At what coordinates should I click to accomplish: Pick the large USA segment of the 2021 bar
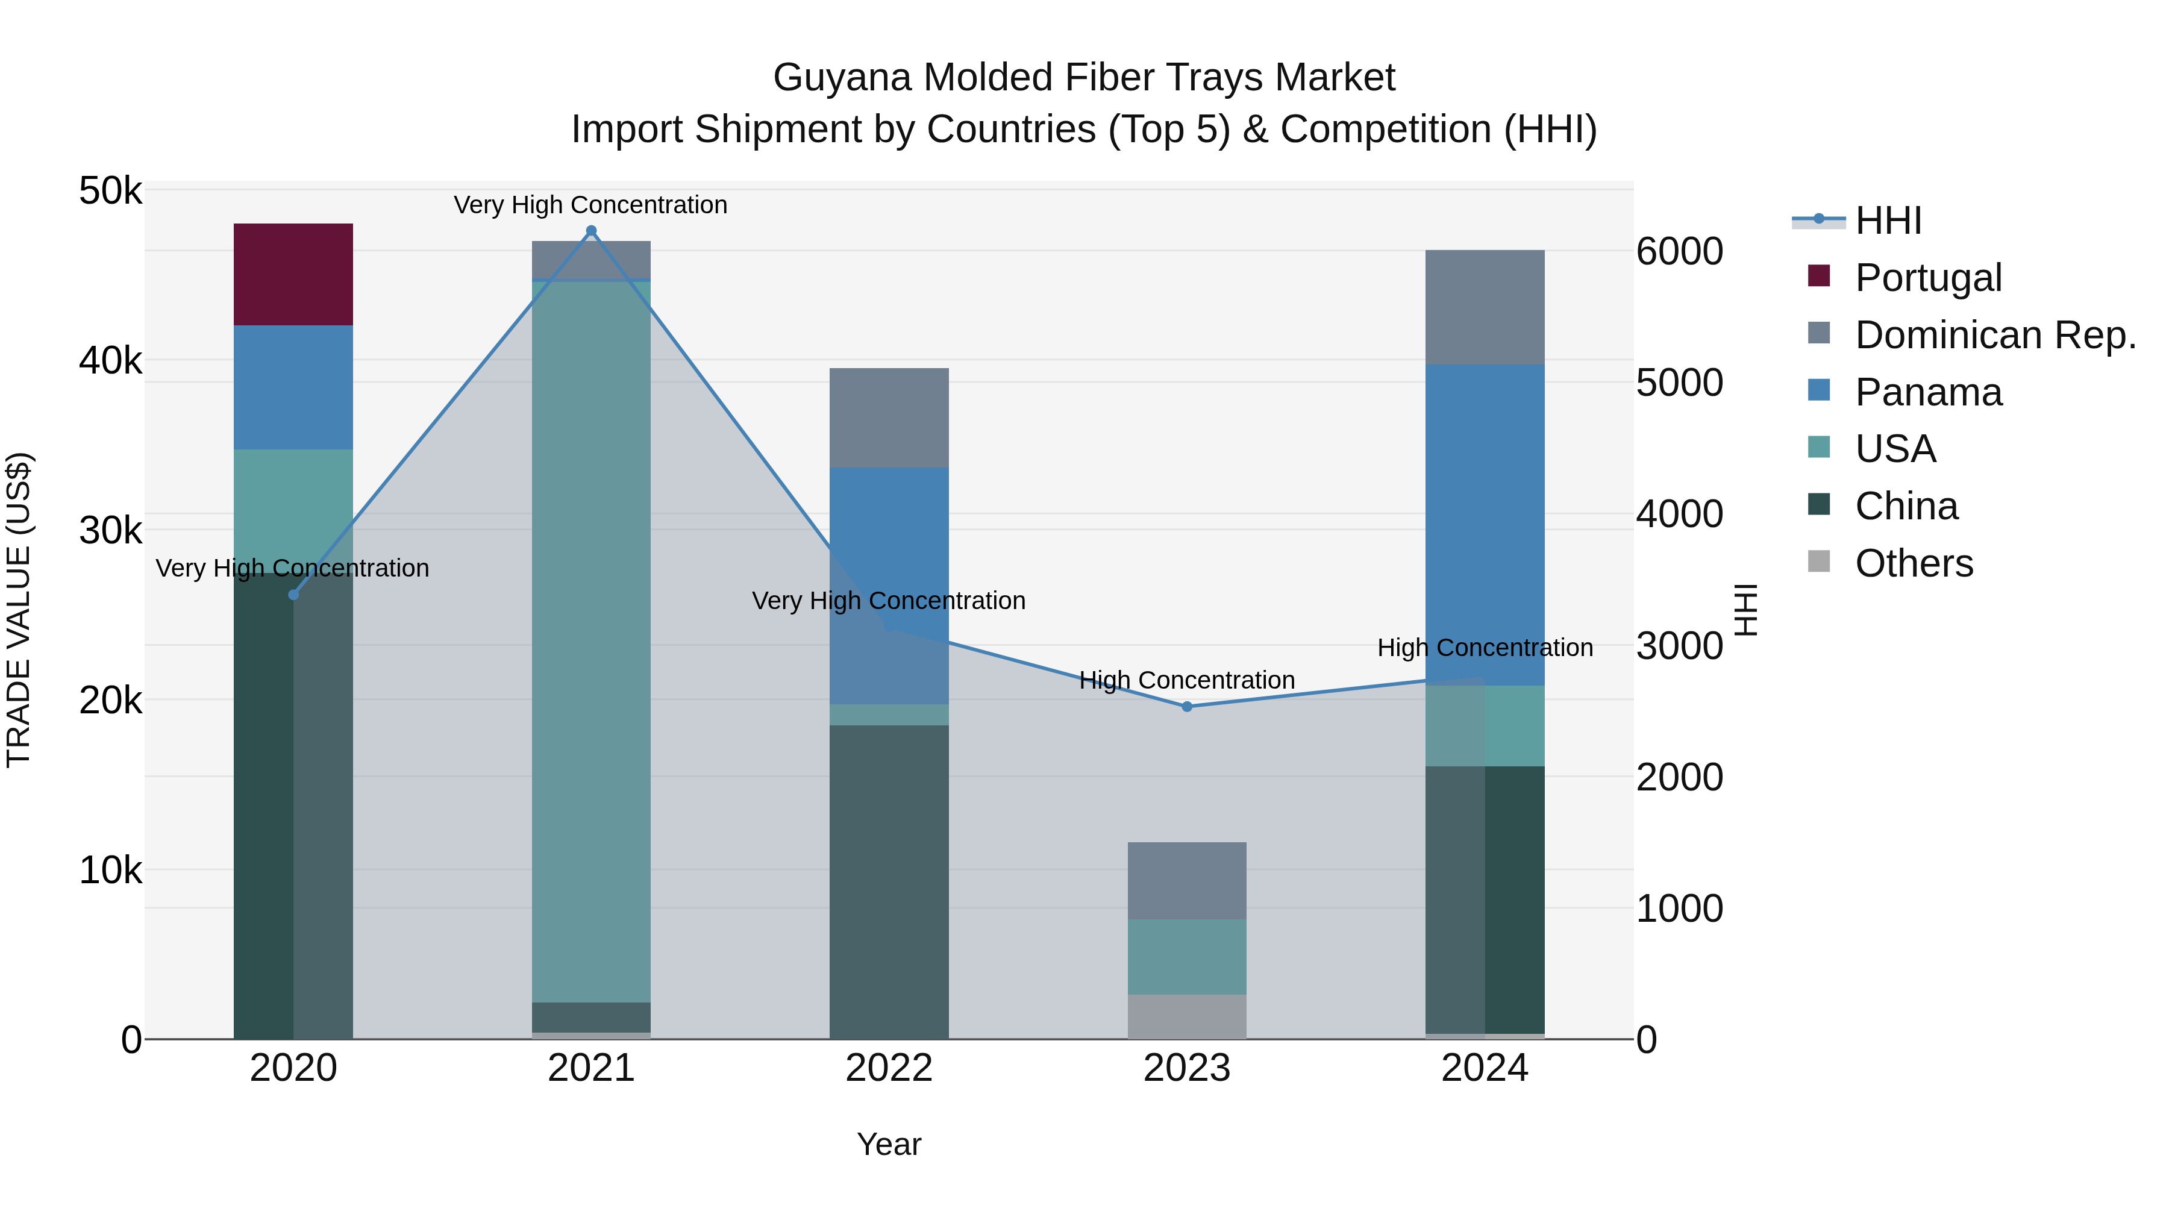coord(591,640)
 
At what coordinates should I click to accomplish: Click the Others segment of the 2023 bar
coord(1186,1016)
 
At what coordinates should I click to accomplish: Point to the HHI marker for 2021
coord(591,231)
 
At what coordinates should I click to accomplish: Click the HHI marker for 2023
coord(1186,707)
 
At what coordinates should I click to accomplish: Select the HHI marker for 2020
coord(293,595)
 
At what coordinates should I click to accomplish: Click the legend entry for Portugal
coord(1927,277)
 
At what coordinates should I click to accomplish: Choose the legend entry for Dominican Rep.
coord(1995,334)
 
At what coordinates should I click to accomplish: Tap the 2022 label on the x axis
coord(888,1068)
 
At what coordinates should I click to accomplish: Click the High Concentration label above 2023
coord(1186,680)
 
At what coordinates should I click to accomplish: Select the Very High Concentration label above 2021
coord(590,205)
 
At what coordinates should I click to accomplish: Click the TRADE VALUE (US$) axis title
coord(19,610)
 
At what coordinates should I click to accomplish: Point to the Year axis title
coord(888,1144)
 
